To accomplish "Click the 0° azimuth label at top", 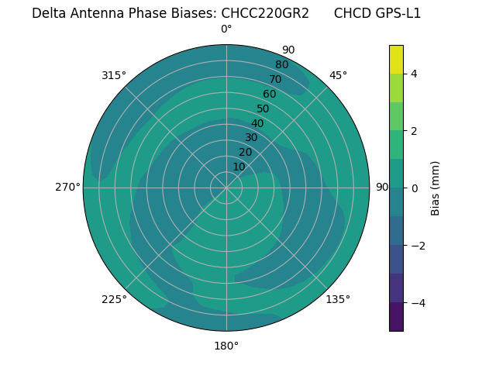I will coord(226,29).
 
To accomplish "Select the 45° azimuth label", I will coord(338,75).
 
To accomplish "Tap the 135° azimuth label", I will coord(338,299).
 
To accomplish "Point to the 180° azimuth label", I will coord(226,346).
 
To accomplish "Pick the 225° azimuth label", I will coord(114,299).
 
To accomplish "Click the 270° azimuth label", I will coord(68,188).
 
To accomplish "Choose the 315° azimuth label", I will coord(114,75).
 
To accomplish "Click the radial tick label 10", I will coord(239,167).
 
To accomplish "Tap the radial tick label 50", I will coord(263,108).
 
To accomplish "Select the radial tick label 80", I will coord(281,65).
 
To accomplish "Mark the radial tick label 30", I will coord(251,138).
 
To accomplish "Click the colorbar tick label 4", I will coord(414,74).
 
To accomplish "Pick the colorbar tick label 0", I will coord(414,188).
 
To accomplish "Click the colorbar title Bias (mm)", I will coord(436,188).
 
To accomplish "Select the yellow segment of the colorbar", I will coord(396,59).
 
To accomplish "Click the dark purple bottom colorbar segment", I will coord(396,317).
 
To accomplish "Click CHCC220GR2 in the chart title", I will coord(265,13).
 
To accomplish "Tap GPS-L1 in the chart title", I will coord(394,13).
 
